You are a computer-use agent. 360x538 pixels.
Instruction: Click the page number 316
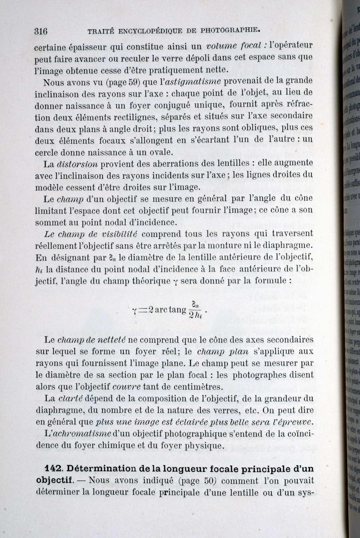41,31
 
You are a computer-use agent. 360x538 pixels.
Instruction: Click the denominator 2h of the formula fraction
195,316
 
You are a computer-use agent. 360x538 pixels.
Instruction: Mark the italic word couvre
126,387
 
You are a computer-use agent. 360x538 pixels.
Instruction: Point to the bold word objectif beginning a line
55,480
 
